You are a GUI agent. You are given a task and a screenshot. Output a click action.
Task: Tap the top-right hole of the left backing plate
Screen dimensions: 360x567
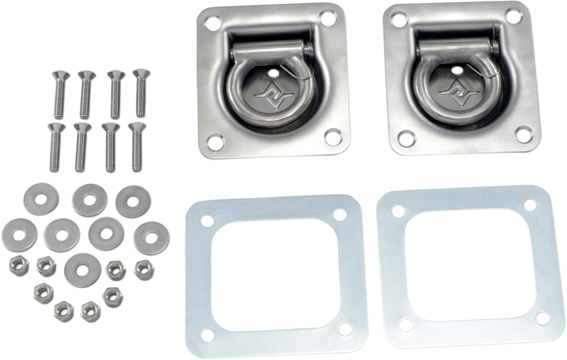tap(339, 215)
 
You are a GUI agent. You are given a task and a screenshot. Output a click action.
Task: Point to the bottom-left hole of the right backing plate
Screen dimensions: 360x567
tap(405, 325)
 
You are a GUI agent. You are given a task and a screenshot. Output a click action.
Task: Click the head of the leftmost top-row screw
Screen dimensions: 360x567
tap(61, 75)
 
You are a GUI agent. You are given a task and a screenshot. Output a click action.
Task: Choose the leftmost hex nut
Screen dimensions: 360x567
tap(19, 267)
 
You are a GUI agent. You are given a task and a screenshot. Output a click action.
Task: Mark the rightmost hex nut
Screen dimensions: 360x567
tap(143, 270)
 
